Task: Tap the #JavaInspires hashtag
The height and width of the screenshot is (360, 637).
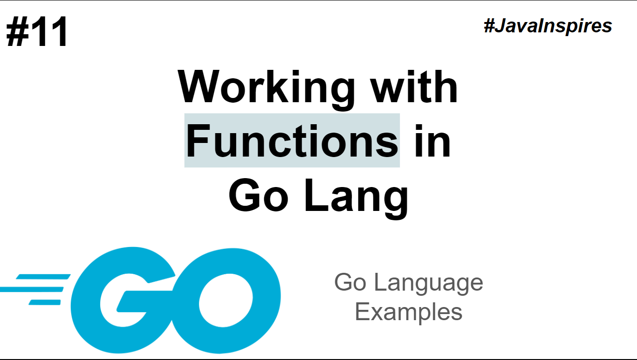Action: pos(548,26)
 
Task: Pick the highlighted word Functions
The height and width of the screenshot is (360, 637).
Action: pos(292,140)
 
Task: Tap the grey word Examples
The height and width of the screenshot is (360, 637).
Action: pos(408,312)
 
